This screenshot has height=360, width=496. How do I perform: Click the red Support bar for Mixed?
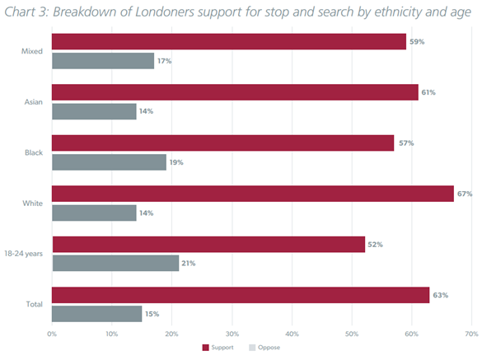tap(229, 42)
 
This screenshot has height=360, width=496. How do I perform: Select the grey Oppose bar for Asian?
tap(94, 111)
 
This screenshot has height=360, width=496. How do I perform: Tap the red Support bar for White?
tap(253, 194)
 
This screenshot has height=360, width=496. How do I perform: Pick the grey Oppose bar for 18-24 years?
tap(115, 263)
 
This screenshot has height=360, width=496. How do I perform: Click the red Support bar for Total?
tap(241, 295)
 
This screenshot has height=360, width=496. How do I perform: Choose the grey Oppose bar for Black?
tap(109, 162)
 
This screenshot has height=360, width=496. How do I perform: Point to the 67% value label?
tap(465, 194)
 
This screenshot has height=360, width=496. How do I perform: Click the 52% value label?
tap(375, 245)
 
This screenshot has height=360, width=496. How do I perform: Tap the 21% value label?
tap(188, 264)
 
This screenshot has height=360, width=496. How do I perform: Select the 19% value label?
tap(175, 162)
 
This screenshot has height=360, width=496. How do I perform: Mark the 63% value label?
tap(440, 295)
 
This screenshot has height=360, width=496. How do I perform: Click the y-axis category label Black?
tap(34, 152)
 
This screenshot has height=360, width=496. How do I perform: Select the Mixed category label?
tap(32, 51)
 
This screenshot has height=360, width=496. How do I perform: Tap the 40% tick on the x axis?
tap(292, 334)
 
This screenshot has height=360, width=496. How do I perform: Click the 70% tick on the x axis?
tap(471, 334)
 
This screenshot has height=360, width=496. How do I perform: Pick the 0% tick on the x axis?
tap(52, 334)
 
